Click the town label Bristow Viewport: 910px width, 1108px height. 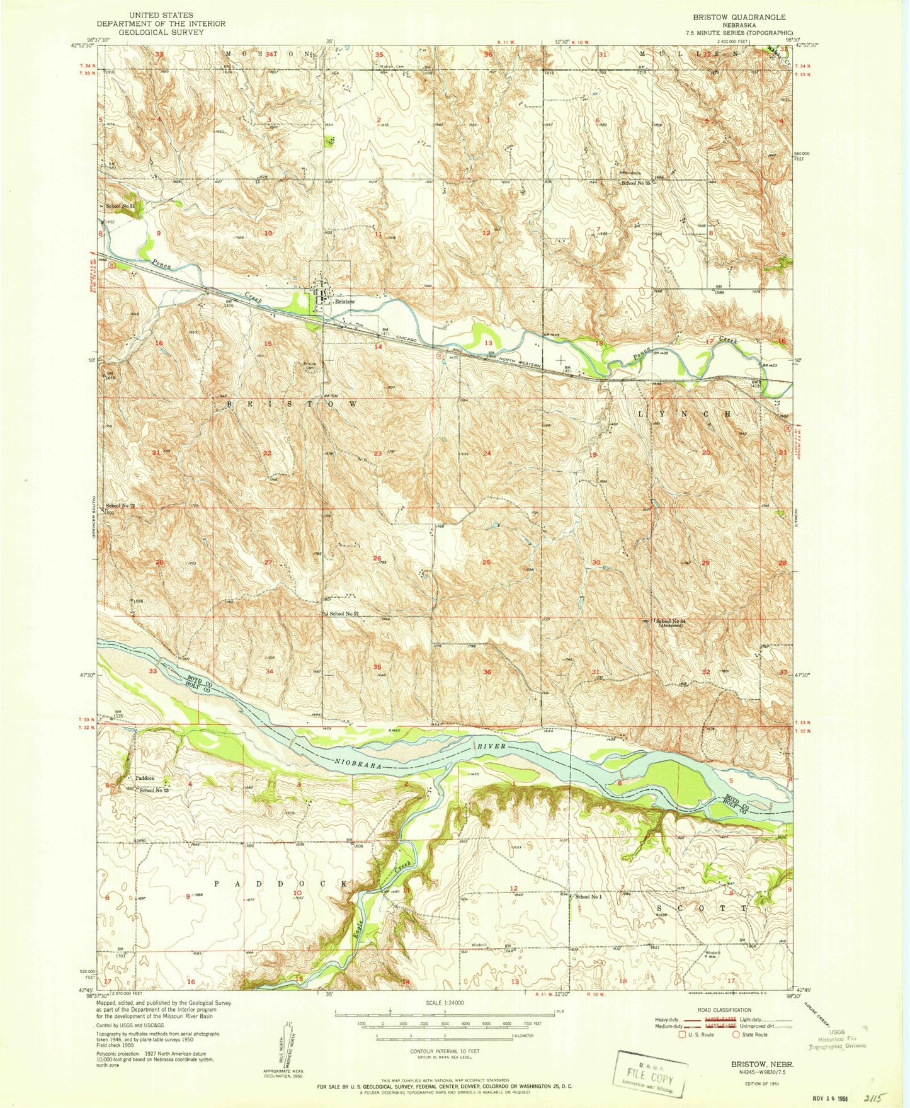(x=344, y=302)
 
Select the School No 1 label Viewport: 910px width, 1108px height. (x=588, y=896)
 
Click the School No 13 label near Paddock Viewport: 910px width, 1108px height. (x=154, y=790)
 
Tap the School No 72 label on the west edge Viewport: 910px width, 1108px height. (x=120, y=506)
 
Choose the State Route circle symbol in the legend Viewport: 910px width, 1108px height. (x=737, y=1034)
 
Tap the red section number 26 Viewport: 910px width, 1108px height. (x=377, y=558)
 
